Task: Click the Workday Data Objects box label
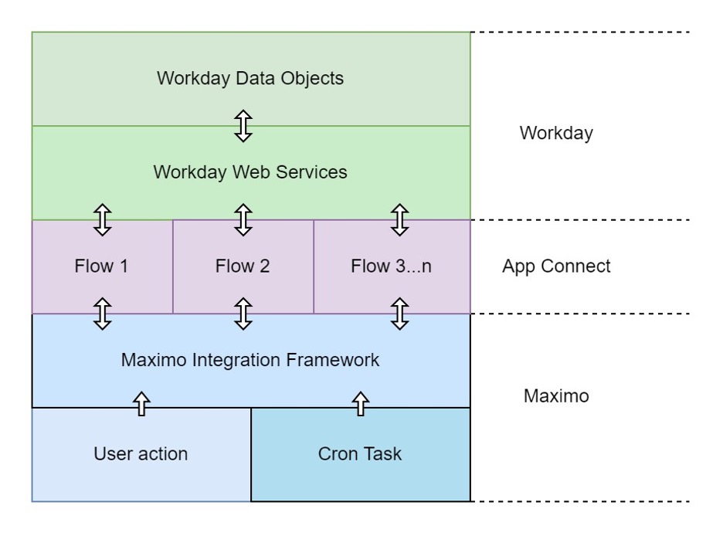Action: coord(249,78)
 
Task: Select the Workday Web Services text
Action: coord(249,171)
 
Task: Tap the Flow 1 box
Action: coord(101,266)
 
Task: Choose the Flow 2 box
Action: coord(243,266)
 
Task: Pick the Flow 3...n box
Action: coord(391,266)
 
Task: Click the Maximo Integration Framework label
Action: coord(249,360)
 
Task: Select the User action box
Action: coord(141,453)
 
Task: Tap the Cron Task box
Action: coord(359,453)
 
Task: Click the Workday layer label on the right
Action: coord(555,133)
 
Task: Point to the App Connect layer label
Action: coord(555,266)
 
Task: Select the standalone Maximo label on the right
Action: coord(555,396)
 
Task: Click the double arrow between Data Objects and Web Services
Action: coord(243,125)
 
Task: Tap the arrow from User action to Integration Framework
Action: coord(141,403)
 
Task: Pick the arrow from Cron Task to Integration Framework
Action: coord(360,403)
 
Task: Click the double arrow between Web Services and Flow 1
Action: coord(102,219)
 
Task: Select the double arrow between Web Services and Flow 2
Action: coord(243,219)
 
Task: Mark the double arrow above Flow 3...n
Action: coord(399,219)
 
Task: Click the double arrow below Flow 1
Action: coord(102,314)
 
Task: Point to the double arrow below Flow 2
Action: coord(243,314)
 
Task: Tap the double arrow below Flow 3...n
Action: coord(399,314)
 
